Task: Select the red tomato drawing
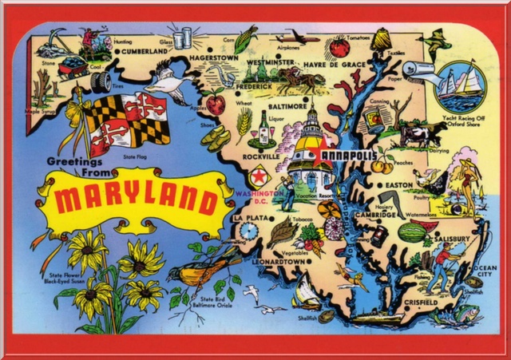coord(340,48)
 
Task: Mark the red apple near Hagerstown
coord(216,104)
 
